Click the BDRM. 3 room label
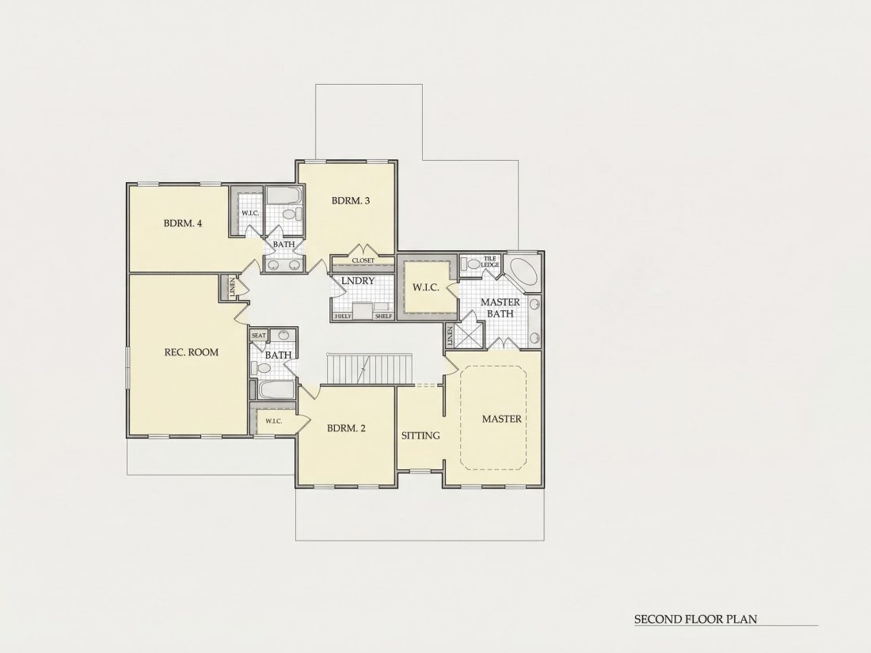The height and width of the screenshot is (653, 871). click(x=351, y=200)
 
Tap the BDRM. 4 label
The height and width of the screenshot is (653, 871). click(x=183, y=223)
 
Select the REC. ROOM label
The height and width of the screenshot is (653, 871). click(x=192, y=352)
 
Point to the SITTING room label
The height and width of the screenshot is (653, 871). click(x=420, y=436)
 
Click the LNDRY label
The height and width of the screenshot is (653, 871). click(x=358, y=281)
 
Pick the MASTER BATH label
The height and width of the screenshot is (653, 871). click(x=500, y=308)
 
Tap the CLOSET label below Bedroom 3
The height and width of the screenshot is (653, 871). click(x=363, y=260)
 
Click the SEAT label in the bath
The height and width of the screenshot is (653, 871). click(x=259, y=336)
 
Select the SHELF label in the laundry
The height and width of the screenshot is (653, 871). click(x=383, y=317)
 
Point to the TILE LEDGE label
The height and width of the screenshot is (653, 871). click(x=490, y=261)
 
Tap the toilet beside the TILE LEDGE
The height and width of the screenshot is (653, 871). click(x=471, y=264)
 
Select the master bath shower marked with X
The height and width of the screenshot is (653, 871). click(x=468, y=336)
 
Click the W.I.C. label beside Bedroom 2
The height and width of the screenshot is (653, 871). click(x=273, y=421)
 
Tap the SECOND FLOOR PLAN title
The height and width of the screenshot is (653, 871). click(x=695, y=619)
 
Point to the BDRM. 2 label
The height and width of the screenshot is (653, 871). click(x=346, y=428)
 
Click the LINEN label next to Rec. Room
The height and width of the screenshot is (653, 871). click(x=233, y=287)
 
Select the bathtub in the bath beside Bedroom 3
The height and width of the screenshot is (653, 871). click(x=283, y=196)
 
